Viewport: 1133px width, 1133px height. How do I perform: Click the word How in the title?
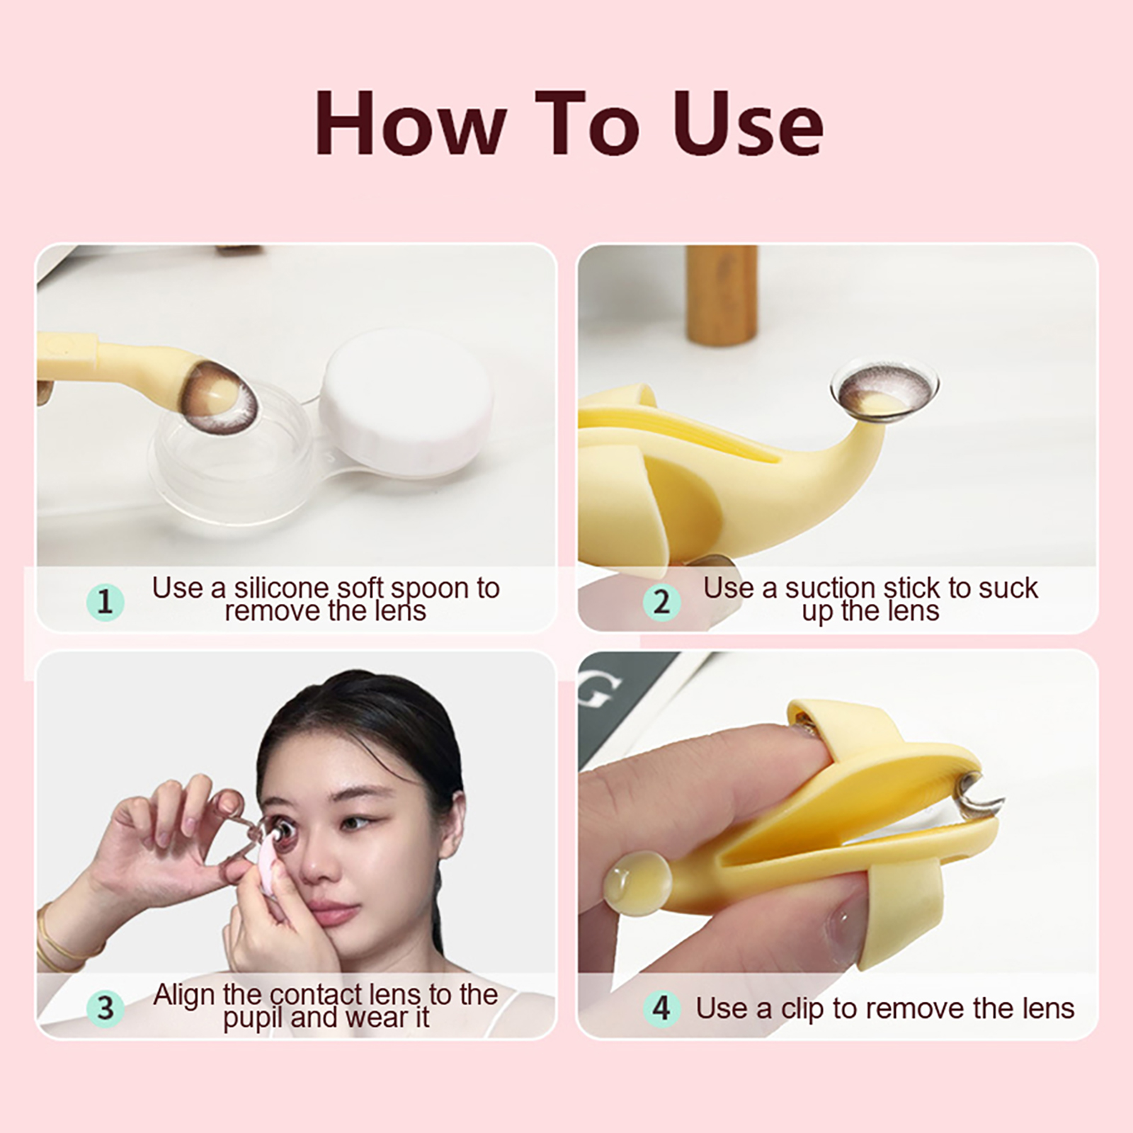pyautogui.click(x=409, y=123)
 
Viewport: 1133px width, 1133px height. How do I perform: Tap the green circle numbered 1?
pyautogui.click(x=105, y=602)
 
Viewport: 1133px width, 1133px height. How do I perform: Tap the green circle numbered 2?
pyautogui.click(x=661, y=602)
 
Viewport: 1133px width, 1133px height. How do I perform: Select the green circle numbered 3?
pyautogui.click(x=105, y=1008)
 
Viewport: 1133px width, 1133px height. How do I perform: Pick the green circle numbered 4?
pyautogui.click(x=661, y=1008)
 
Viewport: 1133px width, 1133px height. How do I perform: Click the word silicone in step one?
pyautogui.click(x=282, y=588)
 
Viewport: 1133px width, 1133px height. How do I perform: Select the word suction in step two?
pyautogui.click(x=830, y=588)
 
